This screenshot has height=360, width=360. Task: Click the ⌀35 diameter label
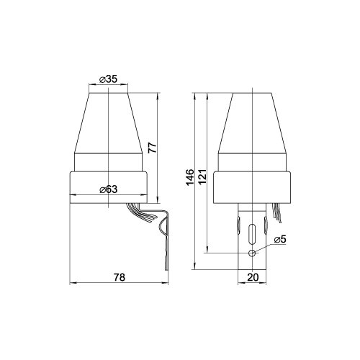(x=108, y=79)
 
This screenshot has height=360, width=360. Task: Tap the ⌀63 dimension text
(x=109, y=189)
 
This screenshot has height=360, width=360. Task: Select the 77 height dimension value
(x=152, y=148)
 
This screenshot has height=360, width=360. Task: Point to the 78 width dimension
(x=120, y=277)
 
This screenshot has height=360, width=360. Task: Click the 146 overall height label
(x=190, y=177)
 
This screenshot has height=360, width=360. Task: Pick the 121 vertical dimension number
(x=202, y=176)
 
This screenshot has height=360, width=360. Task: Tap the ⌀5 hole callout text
(x=280, y=239)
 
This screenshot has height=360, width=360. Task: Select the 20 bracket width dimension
(x=253, y=277)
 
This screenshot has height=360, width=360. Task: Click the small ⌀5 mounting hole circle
(x=252, y=253)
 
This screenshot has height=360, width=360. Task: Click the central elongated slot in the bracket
(x=252, y=234)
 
